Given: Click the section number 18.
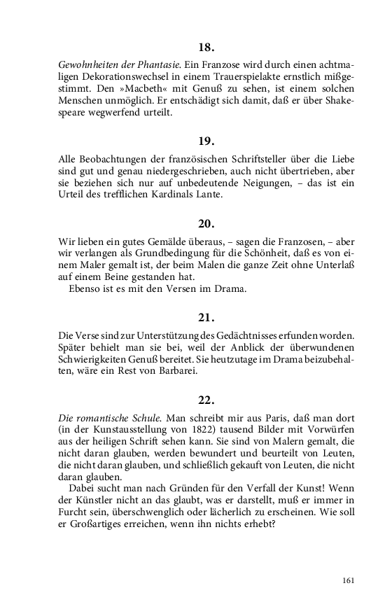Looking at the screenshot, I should point(206,48).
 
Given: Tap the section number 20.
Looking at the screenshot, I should point(206,224).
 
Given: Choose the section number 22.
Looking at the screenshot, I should point(206,401).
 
